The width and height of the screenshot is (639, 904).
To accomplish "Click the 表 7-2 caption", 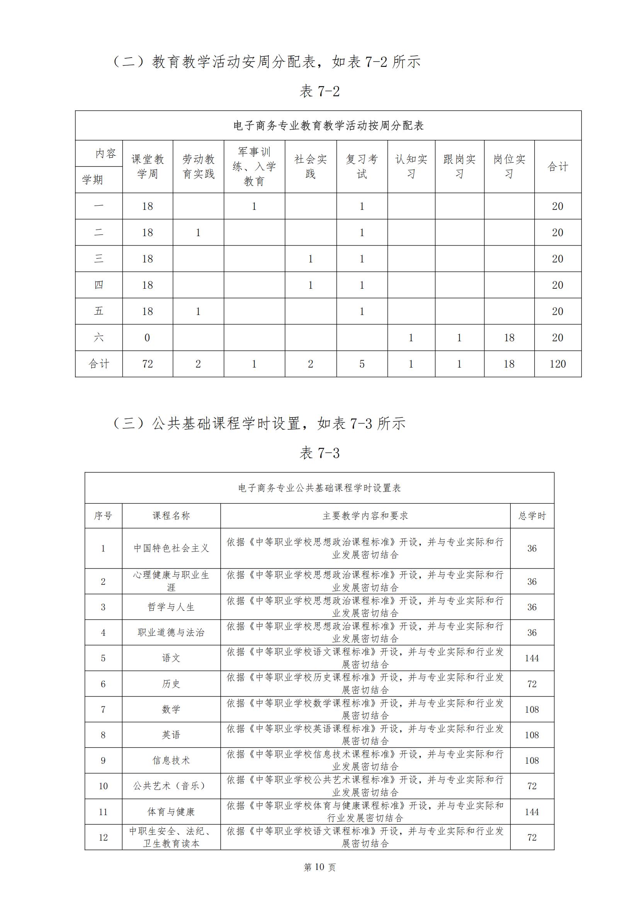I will coord(319,91).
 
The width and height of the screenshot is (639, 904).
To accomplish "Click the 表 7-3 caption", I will coord(319,453).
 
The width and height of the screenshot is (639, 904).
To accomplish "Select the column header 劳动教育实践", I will coord(198,167).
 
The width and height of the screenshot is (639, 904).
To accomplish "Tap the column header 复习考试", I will coord(362,167).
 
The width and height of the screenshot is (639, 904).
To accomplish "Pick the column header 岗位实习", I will coord(509,167).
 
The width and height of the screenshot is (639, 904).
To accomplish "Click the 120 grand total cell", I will coord(557,364).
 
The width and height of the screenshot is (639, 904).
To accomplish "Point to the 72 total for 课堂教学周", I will coord(148,364).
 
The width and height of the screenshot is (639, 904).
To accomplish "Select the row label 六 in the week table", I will coord(99,337).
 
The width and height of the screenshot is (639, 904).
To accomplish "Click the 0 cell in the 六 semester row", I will coord(148,337).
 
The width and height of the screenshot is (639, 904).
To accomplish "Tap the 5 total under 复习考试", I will coord(362,364).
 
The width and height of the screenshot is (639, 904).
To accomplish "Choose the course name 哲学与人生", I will coord(171,607).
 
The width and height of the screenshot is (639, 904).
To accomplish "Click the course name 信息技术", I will coord(171,760).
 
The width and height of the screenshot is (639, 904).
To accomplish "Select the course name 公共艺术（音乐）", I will coord(171,786).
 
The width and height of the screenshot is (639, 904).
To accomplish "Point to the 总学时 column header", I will coord(532,516).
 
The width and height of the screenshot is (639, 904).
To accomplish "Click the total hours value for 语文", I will coord(532,658).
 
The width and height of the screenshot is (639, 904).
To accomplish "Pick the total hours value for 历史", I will coord(532,684).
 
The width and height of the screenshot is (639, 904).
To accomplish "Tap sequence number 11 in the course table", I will coord(103,812).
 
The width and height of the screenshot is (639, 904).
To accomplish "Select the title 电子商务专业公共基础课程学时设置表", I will coord(319,488).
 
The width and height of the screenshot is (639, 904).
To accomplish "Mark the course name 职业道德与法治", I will coord(171,633).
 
